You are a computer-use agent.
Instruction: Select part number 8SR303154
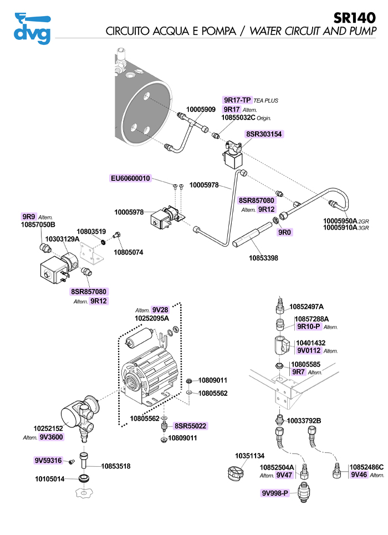click(264, 134)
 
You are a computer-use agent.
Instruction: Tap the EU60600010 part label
click(130, 178)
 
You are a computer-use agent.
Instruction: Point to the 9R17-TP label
click(237, 100)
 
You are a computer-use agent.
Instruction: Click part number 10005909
click(201, 110)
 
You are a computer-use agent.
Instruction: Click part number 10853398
click(263, 258)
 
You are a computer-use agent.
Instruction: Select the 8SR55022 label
click(190, 426)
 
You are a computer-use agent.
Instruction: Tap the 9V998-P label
click(275, 493)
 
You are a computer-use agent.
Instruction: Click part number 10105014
click(50, 478)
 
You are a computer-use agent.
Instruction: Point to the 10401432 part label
click(311, 343)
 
